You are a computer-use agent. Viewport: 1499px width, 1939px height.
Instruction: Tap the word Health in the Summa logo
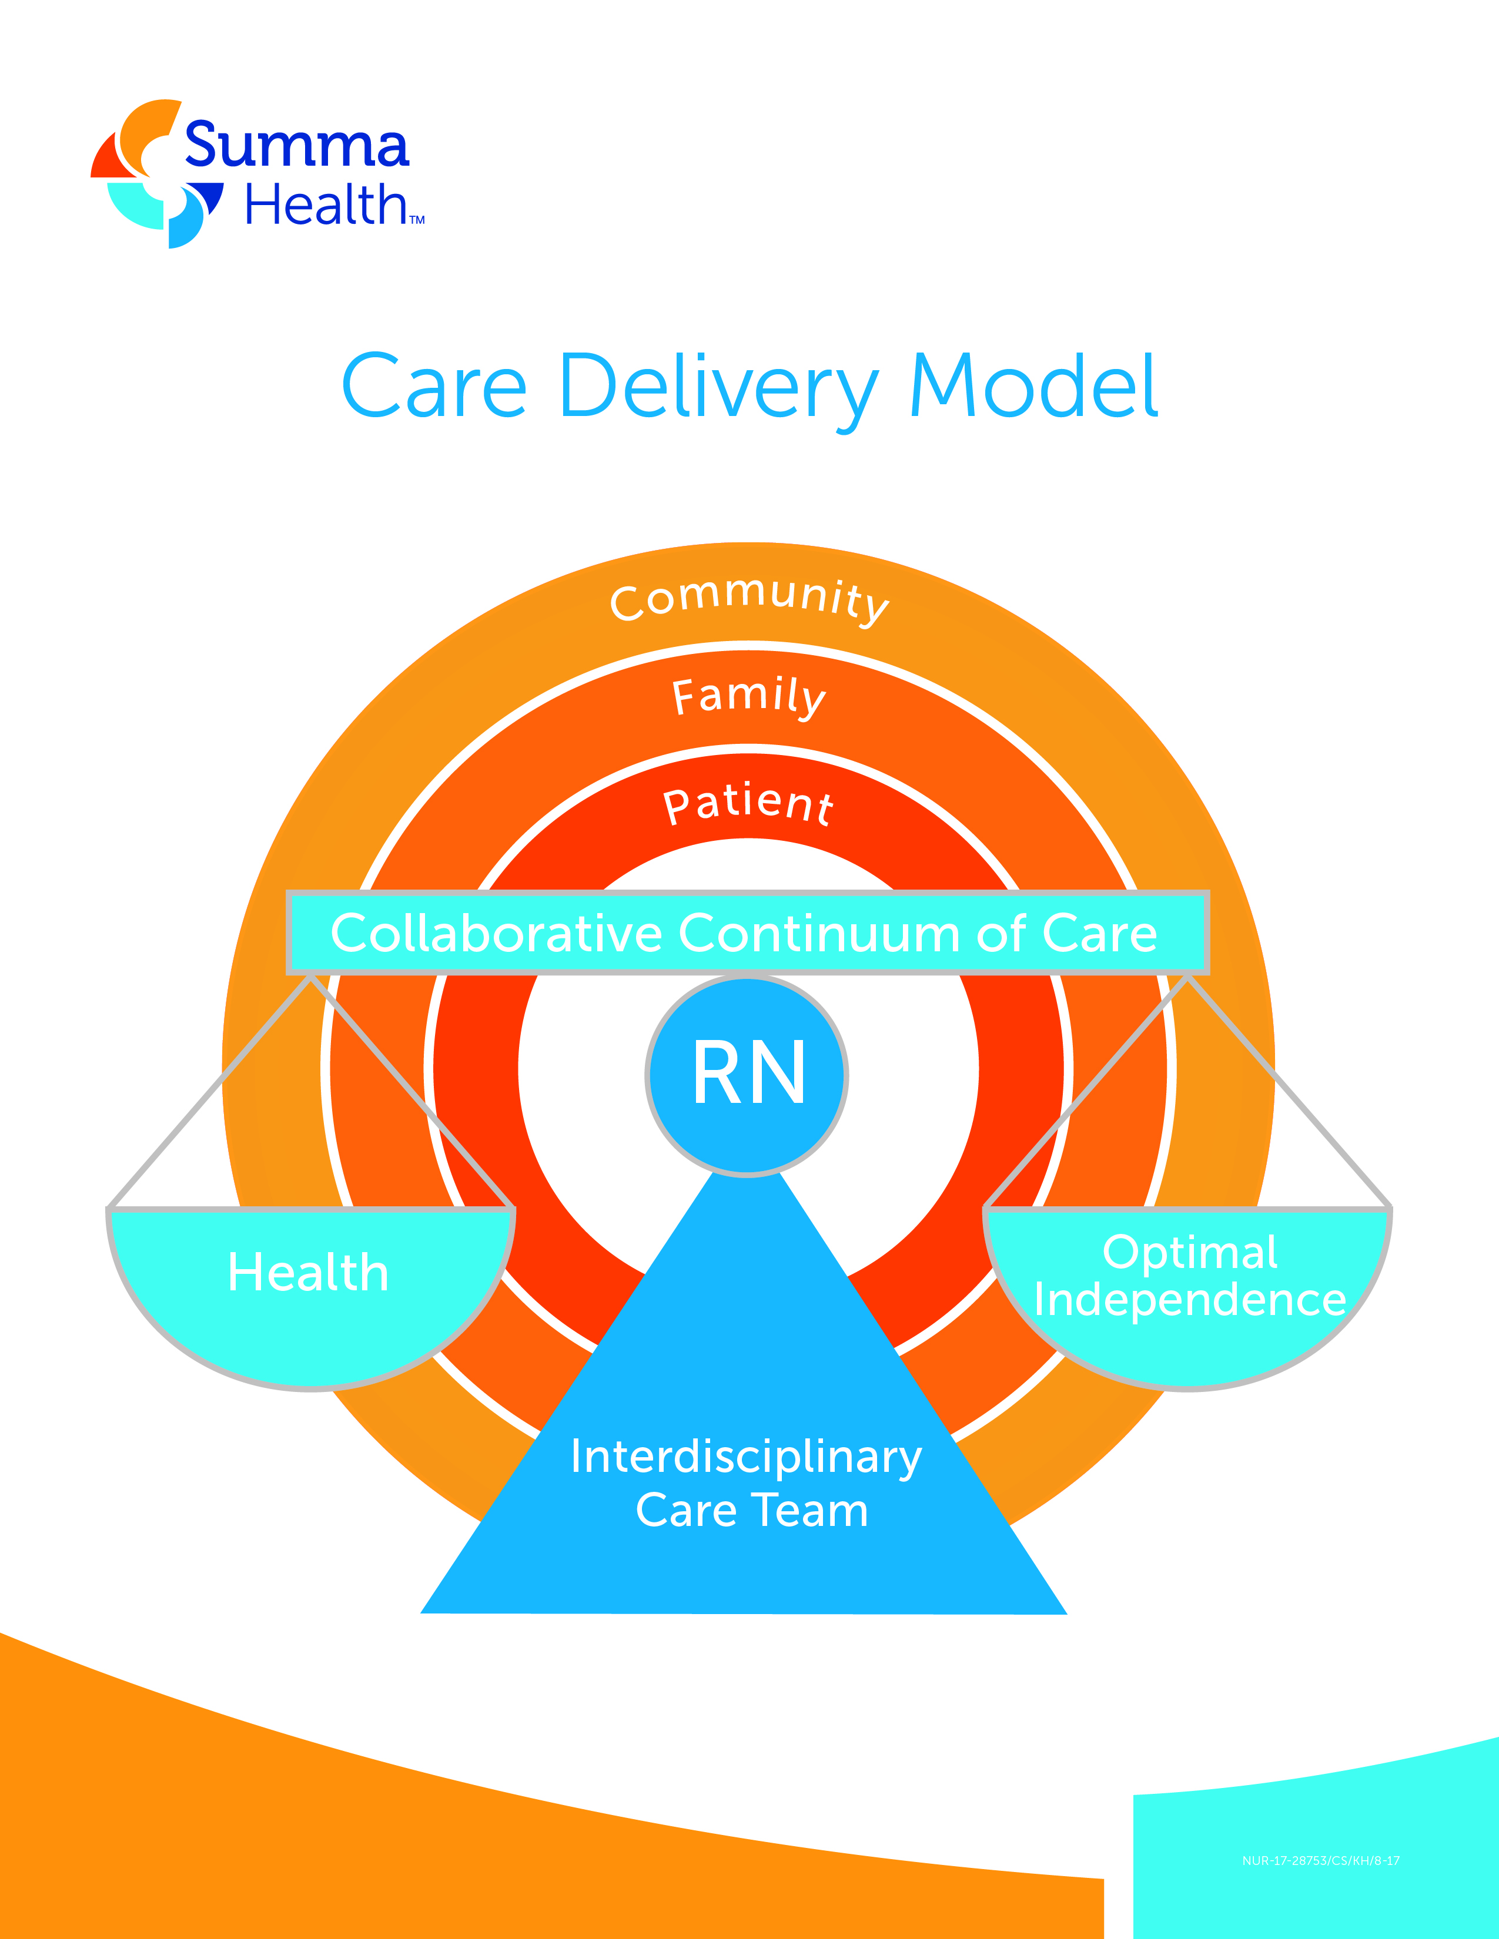tap(325, 206)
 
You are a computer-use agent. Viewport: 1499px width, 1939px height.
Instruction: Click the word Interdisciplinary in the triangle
tap(746, 1458)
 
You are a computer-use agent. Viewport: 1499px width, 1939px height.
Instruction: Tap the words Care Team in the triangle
tap(751, 1510)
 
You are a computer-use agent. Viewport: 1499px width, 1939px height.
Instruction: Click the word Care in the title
tap(434, 387)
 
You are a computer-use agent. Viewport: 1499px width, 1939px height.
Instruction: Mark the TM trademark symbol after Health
tap(417, 220)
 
